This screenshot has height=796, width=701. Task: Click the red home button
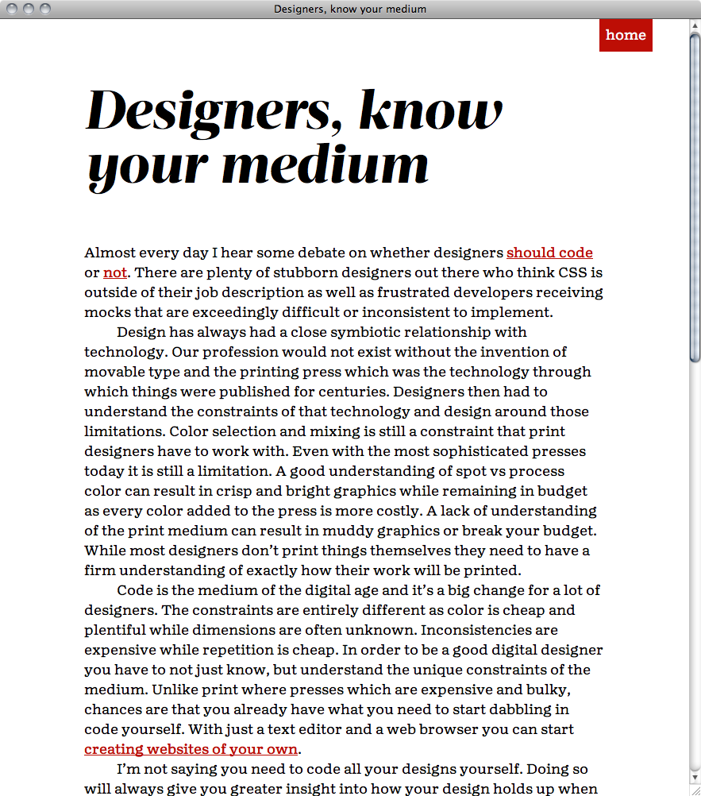(626, 35)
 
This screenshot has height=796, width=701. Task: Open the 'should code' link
(549, 253)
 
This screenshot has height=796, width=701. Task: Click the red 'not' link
(115, 272)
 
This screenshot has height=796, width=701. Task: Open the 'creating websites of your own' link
(191, 749)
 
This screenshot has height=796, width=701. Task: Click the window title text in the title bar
(350, 9)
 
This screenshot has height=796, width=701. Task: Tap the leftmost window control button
(13, 9)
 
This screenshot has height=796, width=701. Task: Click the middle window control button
(29, 9)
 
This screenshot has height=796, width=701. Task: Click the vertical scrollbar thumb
(695, 199)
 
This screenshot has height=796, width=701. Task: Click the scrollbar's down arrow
(695, 777)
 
